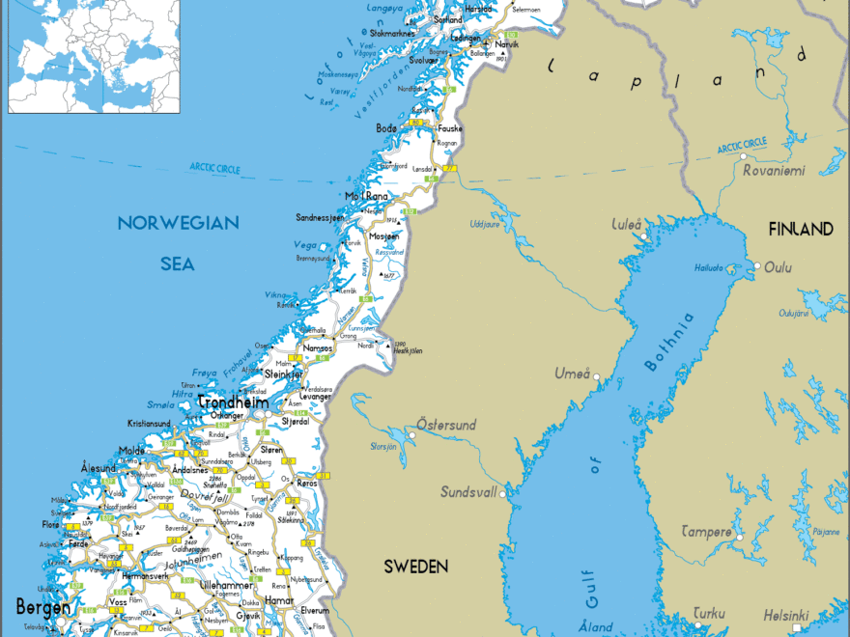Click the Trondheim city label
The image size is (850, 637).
click(232, 402)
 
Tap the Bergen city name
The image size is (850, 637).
click(42, 606)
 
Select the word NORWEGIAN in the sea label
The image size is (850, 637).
click(178, 223)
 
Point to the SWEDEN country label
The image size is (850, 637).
click(415, 566)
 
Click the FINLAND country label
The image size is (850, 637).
click(801, 229)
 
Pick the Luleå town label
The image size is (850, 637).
click(627, 225)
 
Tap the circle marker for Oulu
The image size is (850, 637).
click(758, 266)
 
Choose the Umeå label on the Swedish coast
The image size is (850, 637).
click(572, 374)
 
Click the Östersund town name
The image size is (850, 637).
click(445, 425)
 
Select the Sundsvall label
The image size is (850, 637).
click(468, 491)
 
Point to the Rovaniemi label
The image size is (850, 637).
click(774, 170)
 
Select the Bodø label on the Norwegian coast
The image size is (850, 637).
click(386, 128)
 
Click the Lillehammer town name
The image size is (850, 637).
click(227, 585)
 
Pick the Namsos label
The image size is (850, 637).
click(318, 347)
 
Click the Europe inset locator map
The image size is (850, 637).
click(94, 56)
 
